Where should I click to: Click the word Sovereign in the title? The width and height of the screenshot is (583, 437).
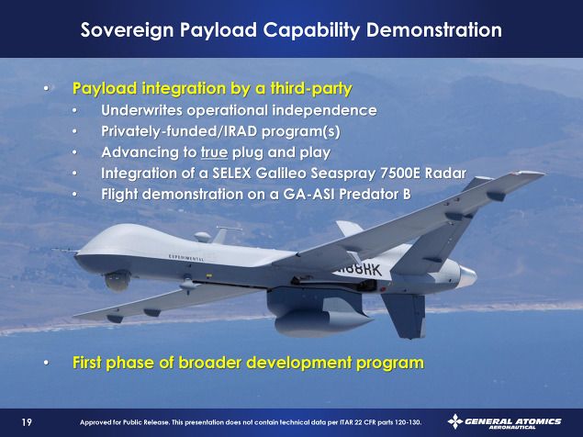click(x=127, y=30)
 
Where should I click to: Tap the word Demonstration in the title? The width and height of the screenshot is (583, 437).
click(x=434, y=29)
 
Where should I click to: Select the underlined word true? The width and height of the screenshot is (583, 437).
click(x=214, y=152)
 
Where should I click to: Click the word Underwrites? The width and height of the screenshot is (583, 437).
click(x=141, y=110)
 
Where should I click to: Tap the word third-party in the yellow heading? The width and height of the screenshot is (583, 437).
click(x=311, y=88)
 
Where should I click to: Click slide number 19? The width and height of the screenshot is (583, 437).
click(x=27, y=422)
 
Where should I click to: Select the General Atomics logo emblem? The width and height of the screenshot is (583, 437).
click(x=455, y=421)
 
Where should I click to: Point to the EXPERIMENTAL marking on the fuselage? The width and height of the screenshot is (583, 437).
click(x=185, y=258)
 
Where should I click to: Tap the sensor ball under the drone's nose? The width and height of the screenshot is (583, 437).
click(x=118, y=281)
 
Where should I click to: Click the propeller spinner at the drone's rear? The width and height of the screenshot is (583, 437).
click(x=468, y=276)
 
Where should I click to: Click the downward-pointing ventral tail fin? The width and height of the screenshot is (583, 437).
click(x=405, y=316)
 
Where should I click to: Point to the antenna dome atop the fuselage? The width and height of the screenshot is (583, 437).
click(x=203, y=237)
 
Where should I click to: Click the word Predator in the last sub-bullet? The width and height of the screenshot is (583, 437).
click(x=370, y=194)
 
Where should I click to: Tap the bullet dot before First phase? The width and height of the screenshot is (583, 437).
click(x=46, y=363)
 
